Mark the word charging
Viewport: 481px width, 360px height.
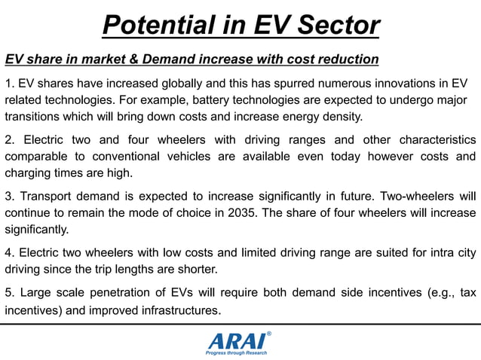(x=27, y=173)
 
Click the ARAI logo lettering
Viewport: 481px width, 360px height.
(x=237, y=340)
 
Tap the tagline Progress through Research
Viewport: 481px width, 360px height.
(x=237, y=352)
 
